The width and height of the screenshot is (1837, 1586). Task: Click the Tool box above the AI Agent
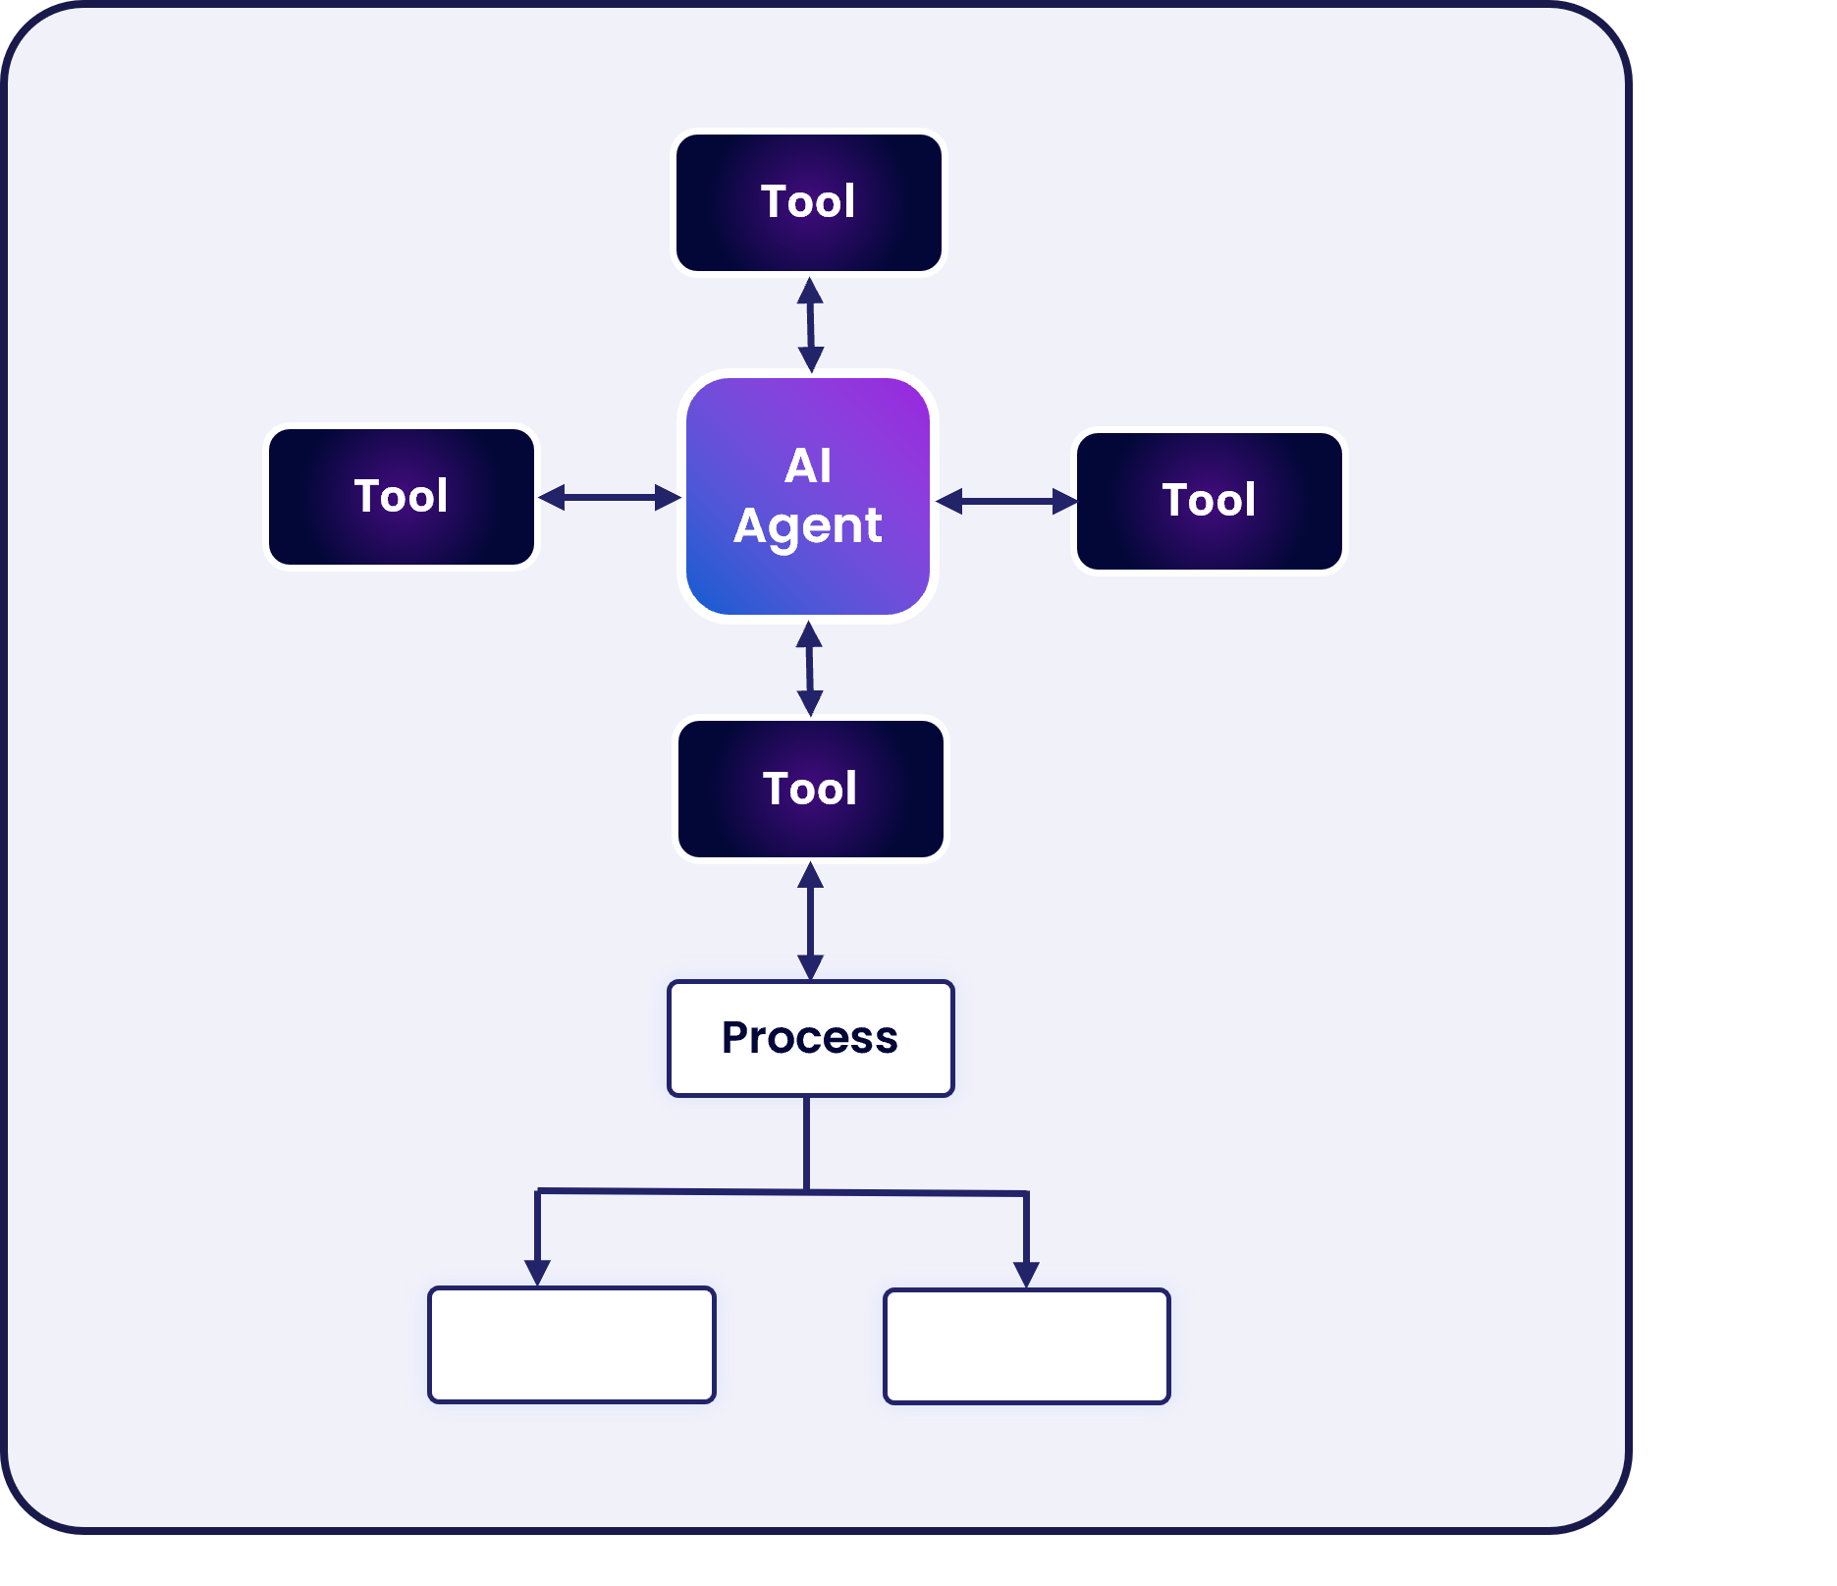[x=808, y=202]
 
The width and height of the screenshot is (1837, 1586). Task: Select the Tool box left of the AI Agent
[x=402, y=496]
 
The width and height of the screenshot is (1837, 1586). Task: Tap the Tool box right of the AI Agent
[x=1209, y=501]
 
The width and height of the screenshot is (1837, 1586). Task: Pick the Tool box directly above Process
[x=810, y=789]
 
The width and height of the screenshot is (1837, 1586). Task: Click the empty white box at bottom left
[x=571, y=1344]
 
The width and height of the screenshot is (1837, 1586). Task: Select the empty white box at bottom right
[x=1026, y=1346]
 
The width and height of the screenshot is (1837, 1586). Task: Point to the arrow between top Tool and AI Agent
[x=810, y=324]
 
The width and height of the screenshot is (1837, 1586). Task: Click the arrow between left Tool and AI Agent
[x=610, y=497]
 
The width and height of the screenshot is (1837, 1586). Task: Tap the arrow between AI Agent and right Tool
[x=1006, y=502]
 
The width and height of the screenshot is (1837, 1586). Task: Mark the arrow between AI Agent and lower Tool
[x=809, y=668]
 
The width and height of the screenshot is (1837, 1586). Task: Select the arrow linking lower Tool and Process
[x=810, y=920]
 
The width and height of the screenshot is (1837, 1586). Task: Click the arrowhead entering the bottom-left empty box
[x=537, y=1273]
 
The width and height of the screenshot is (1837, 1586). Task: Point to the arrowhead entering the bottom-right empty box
[x=1026, y=1275]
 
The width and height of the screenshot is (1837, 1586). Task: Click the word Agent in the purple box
[x=808, y=525]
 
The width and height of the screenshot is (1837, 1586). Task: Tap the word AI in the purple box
[x=808, y=465]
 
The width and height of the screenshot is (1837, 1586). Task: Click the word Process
[x=810, y=1038]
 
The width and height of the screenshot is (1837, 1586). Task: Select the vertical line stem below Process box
[x=807, y=1143]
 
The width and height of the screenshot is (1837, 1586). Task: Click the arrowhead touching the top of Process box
[x=810, y=967]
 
